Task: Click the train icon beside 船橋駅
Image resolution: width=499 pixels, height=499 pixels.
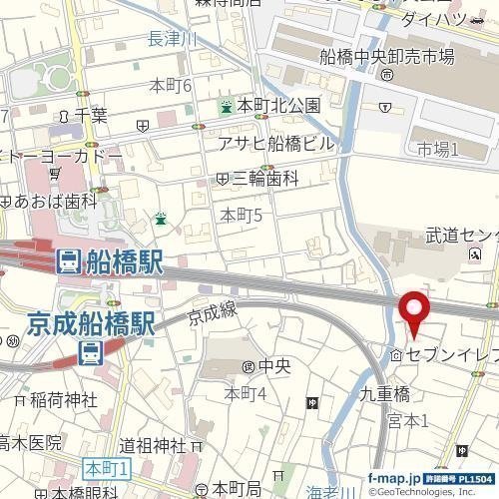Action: (68, 262)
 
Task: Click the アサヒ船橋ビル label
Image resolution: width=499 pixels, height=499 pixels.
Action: (276, 143)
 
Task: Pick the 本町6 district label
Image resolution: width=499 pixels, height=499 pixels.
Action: (170, 86)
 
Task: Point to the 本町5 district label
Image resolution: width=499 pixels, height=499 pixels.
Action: (241, 214)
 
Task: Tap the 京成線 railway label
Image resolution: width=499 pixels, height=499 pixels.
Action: (213, 314)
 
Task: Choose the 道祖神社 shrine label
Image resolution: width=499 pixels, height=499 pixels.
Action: (153, 444)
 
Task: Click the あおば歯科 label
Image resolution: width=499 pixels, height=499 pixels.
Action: (56, 201)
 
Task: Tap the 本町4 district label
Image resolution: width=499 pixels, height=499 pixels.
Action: (246, 393)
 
